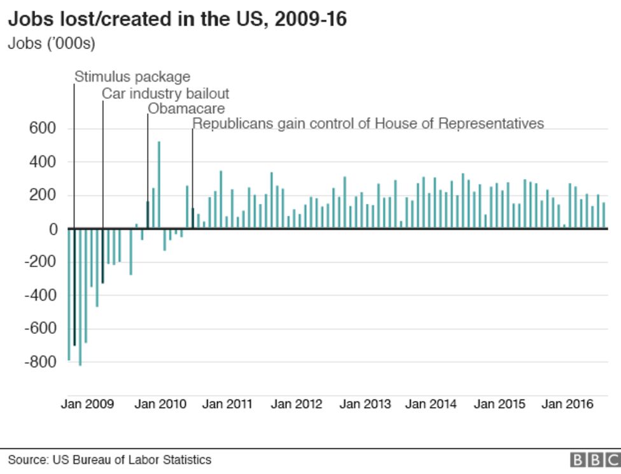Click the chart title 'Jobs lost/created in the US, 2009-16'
pyautogui.click(x=177, y=19)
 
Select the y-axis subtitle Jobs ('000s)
pyautogui.click(x=51, y=44)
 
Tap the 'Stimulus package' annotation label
pyautogui.click(x=132, y=77)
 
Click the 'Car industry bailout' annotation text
pyautogui.click(x=165, y=94)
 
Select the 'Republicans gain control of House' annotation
pyautogui.click(x=368, y=123)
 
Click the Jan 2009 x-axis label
pyautogui.click(x=87, y=404)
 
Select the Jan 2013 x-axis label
pyautogui.click(x=365, y=404)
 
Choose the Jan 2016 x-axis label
pyautogui.click(x=567, y=404)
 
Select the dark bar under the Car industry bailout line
pyautogui.click(x=103, y=255)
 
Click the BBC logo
pyautogui.click(x=595, y=460)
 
